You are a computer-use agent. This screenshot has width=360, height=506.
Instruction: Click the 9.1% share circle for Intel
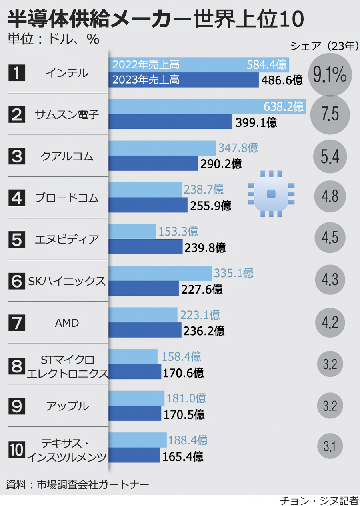click(x=330, y=75)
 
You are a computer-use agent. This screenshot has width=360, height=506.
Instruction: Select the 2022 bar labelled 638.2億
click(x=207, y=106)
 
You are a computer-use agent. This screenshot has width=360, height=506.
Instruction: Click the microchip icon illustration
click(x=271, y=194)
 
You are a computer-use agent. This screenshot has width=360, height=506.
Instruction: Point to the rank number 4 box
click(x=17, y=198)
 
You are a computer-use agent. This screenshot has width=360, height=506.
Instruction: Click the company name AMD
click(x=67, y=323)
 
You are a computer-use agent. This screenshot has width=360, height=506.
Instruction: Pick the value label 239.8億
click(x=205, y=248)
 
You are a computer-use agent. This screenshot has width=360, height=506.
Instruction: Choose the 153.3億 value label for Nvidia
click(x=178, y=231)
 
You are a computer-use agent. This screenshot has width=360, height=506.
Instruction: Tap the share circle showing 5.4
click(x=330, y=157)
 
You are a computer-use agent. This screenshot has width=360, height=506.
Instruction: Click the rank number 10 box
click(x=17, y=448)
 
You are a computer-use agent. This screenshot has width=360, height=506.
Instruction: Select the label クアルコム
click(x=67, y=156)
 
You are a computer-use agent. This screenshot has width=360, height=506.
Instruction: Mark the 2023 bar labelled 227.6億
click(x=144, y=289)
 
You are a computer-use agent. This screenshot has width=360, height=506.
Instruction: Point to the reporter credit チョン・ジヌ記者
click(x=319, y=500)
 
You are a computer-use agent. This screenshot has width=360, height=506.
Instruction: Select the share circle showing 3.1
click(x=330, y=446)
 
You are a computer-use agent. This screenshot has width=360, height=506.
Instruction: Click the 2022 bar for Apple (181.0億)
click(x=136, y=398)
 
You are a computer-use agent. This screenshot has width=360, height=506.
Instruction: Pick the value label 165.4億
click(x=182, y=456)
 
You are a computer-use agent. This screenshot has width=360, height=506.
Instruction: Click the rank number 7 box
click(x=17, y=323)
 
